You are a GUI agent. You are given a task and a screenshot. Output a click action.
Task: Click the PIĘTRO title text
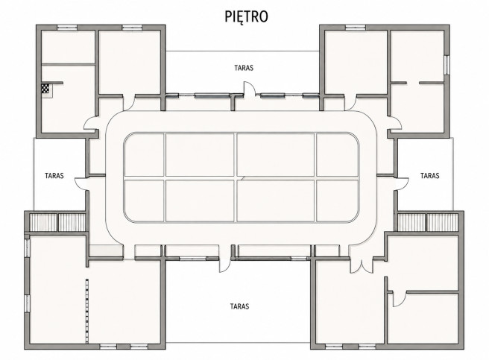click(247, 16)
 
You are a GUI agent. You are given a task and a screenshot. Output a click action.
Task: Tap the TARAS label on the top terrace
click(244, 68)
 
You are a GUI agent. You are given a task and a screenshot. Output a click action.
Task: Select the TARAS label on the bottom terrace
click(239, 306)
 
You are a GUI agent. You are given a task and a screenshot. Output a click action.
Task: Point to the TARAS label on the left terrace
click(54, 176)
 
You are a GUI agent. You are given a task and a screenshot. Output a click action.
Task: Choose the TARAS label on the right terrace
click(430, 176)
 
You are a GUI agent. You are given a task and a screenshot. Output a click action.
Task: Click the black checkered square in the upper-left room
click(45, 89)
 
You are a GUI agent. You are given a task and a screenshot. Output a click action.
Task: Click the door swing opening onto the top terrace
click(249, 88)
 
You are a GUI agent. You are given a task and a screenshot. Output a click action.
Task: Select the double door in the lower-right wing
click(361, 266)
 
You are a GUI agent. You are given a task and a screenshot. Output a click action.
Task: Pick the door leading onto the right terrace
click(403, 183)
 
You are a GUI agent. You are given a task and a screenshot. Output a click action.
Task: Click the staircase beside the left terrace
click(57, 222)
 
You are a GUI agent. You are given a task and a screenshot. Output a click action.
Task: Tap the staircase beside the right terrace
click(428, 222)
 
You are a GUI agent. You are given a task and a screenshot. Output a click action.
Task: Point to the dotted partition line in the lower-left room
click(87, 311)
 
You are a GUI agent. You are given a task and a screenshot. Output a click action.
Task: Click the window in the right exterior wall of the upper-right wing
click(447, 65)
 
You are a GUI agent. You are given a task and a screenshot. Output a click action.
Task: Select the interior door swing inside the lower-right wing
click(399, 299)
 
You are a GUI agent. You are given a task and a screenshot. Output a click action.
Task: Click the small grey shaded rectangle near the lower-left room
click(106, 251)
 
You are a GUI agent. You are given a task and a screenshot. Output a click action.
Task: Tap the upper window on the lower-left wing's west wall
click(27, 248)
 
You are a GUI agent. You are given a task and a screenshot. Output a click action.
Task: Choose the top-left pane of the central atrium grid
click(144, 155)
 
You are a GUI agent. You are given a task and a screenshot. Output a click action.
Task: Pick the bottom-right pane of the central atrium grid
click(338, 201)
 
